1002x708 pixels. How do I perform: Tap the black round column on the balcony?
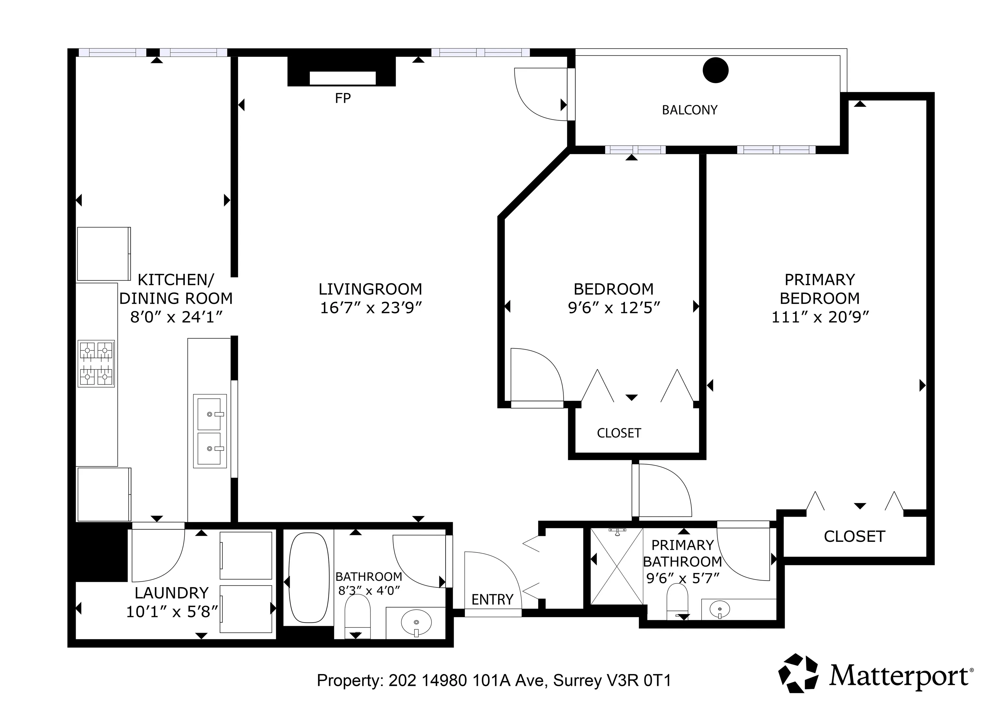click(x=716, y=70)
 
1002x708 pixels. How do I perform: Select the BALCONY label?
click(x=690, y=110)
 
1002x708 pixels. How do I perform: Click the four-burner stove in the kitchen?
click(x=96, y=363)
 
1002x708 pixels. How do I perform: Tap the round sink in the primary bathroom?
click(x=719, y=609)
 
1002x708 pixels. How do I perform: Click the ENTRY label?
click(x=492, y=599)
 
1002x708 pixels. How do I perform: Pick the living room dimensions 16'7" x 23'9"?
click(x=371, y=308)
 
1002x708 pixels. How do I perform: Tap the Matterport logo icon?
click(x=799, y=673)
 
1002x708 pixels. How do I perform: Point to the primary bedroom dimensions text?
click(x=820, y=317)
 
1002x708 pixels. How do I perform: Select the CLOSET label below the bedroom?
click(x=619, y=433)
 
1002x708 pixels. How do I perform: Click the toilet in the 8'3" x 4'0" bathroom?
click(x=357, y=616)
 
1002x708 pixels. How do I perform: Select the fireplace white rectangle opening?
click(x=342, y=78)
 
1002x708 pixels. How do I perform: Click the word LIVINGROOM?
click(x=371, y=289)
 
